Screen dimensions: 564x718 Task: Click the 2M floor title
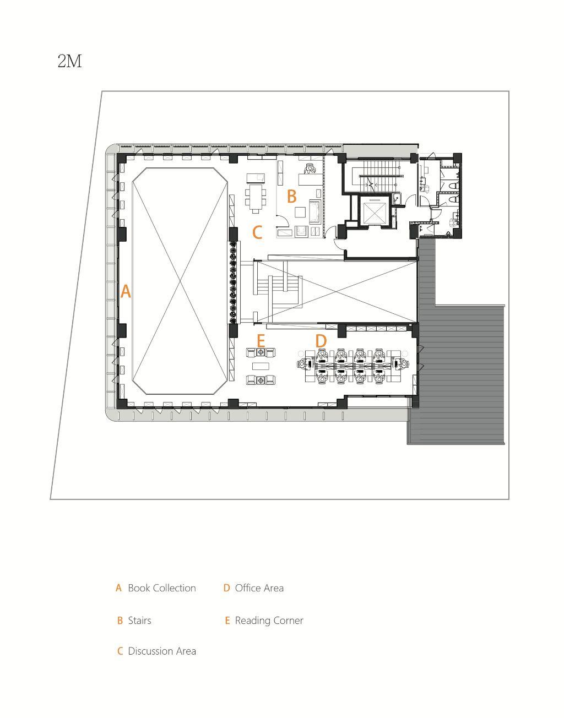(x=70, y=61)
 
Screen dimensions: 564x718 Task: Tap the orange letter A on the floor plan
(x=126, y=291)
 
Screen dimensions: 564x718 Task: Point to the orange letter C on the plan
(x=257, y=232)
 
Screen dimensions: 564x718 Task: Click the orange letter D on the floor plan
(x=321, y=341)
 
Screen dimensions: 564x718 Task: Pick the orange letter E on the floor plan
(x=261, y=341)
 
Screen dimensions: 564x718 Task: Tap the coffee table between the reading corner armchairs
(x=261, y=366)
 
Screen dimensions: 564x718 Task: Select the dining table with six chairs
(x=256, y=198)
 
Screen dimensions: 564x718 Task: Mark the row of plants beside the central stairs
(x=234, y=282)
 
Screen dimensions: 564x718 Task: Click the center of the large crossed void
(x=180, y=281)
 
